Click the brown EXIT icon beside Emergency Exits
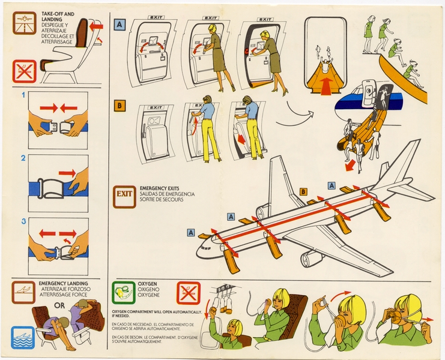tap(124, 194)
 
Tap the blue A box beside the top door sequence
tap(120, 25)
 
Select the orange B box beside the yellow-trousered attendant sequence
tap(120, 107)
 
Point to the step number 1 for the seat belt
tap(23, 95)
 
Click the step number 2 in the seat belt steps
tap(23, 158)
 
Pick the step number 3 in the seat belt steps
tap(23, 221)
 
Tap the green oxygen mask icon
tap(124, 293)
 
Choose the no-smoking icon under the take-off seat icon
tap(25, 71)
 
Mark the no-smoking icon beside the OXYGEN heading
tap(187, 293)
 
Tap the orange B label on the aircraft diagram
tap(303, 191)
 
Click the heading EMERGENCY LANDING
tap(63, 283)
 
